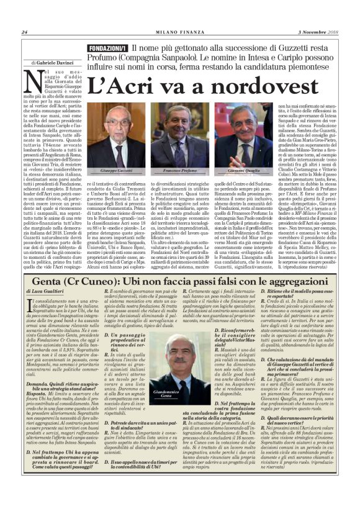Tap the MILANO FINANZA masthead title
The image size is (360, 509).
180,32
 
